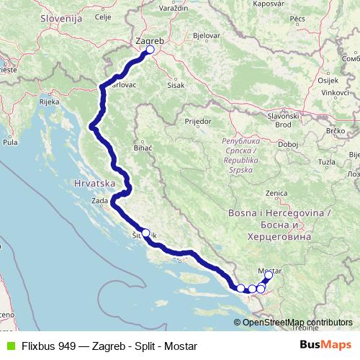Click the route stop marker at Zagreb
150,50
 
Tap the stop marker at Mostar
269,275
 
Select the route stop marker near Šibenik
145,233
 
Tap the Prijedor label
197,122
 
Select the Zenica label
276,193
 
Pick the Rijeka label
49,102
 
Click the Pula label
10,143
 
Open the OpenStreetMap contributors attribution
297,322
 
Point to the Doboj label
288,144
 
